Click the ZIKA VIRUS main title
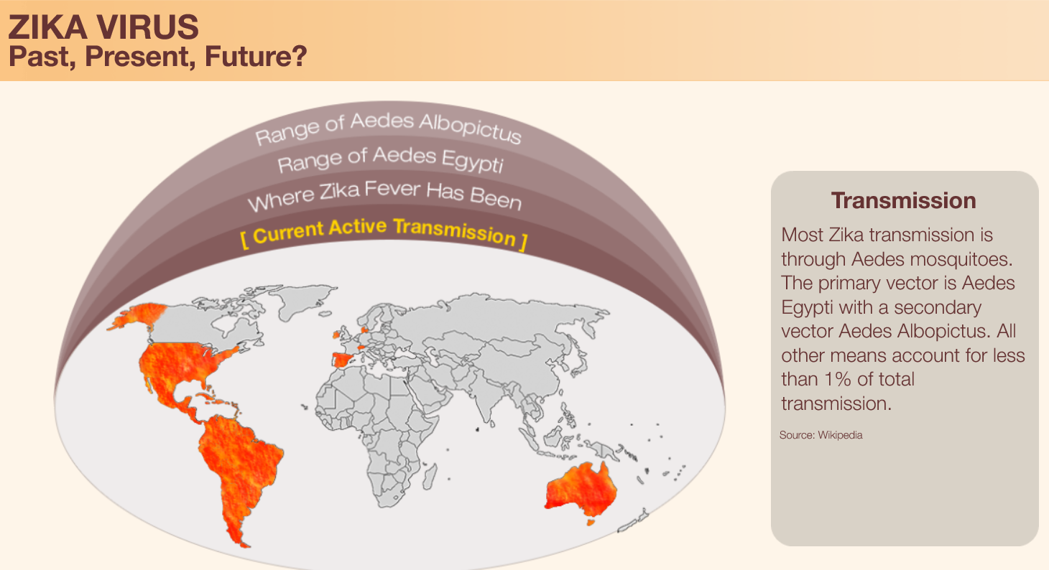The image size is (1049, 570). tap(103, 27)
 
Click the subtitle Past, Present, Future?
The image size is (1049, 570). tap(158, 56)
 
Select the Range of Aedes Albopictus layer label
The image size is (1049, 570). tap(388, 128)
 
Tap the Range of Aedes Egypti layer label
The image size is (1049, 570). tap(390, 159)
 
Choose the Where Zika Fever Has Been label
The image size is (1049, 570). tap(385, 195)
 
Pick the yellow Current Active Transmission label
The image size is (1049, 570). tap(384, 233)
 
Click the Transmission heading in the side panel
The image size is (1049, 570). tap(904, 201)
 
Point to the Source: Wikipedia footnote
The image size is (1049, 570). tap(821, 435)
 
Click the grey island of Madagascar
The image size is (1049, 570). tap(430, 477)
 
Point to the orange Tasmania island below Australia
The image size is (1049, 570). tap(591, 521)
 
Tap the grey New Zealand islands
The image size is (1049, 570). tap(634, 520)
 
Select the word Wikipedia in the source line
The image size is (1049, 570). tap(840, 435)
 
